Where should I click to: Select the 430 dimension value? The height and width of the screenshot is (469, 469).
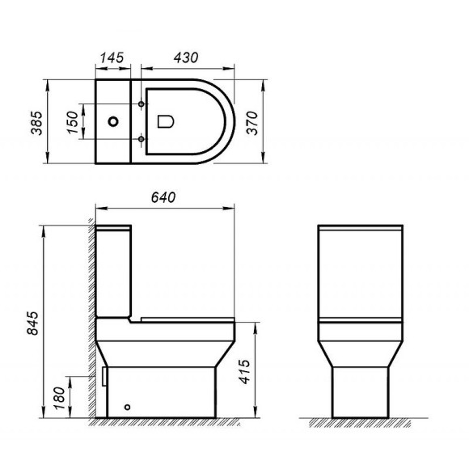click(x=186, y=58)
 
